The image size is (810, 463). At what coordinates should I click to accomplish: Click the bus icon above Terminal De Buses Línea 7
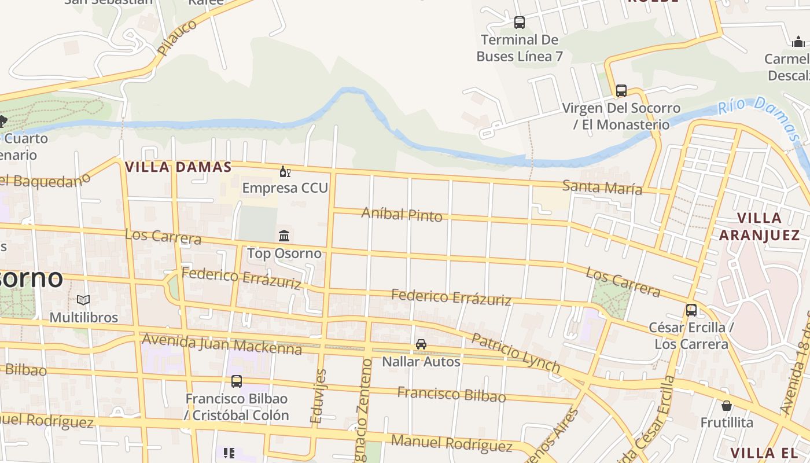point(519,23)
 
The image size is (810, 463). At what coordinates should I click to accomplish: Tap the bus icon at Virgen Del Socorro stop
point(621,91)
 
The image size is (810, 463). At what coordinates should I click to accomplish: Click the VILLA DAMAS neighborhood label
point(178,167)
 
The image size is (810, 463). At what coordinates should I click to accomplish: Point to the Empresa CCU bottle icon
point(285,171)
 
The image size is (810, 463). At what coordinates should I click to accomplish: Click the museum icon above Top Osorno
point(284,236)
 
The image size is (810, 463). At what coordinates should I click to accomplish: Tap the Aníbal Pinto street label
point(402,214)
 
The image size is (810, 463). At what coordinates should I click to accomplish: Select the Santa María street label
point(602,187)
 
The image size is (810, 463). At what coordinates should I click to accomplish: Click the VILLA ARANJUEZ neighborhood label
point(759,226)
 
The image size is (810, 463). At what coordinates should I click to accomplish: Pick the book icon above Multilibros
point(83,300)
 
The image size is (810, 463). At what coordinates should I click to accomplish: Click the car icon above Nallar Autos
point(421,344)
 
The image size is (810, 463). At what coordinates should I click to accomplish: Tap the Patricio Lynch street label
point(516,352)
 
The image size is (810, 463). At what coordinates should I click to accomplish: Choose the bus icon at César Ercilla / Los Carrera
point(691,310)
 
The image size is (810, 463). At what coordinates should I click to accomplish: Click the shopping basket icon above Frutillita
point(726,406)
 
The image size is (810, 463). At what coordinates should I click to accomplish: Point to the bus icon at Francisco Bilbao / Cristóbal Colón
point(236,381)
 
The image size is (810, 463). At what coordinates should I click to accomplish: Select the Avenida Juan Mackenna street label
point(222,343)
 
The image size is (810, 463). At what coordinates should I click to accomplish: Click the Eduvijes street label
point(319,396)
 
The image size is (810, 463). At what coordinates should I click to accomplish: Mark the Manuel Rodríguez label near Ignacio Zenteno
point(451,443)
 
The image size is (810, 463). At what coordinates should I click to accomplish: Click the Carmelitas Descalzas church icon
point(798,42)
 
